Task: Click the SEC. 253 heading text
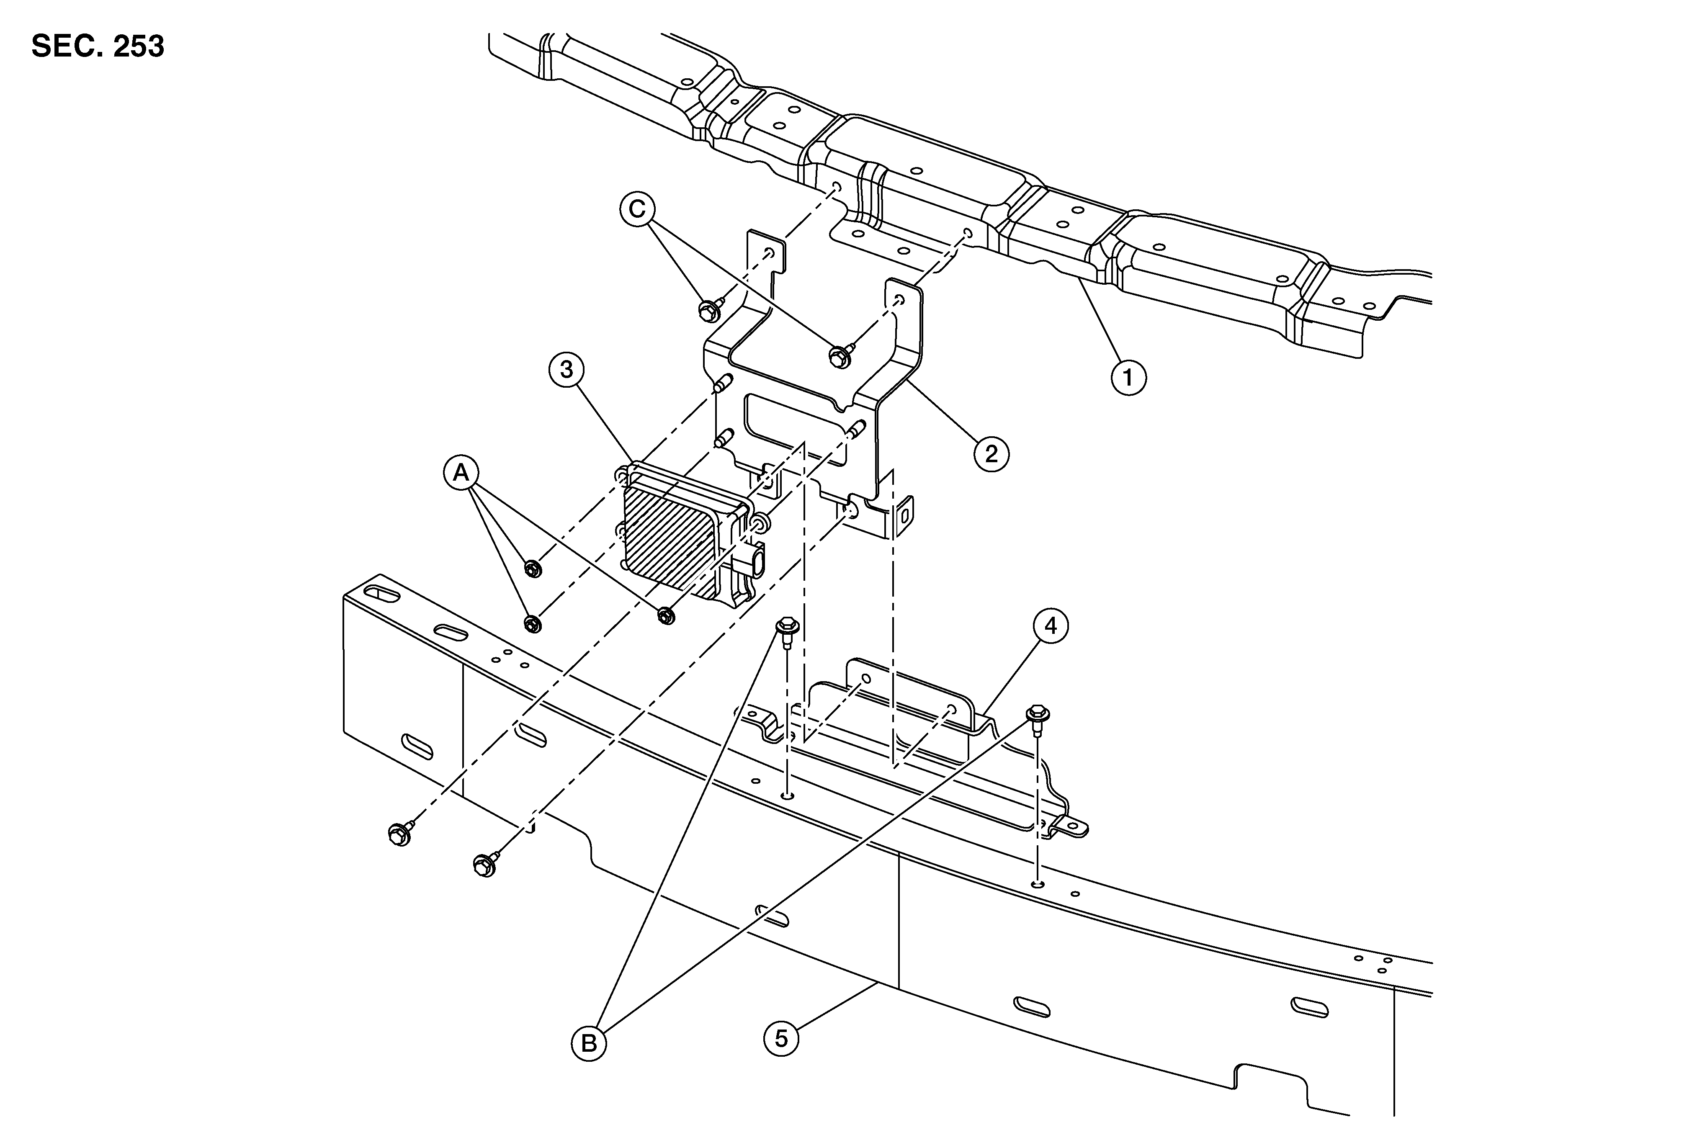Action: [x=98, y=46]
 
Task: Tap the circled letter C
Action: [x=637, y=210]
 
